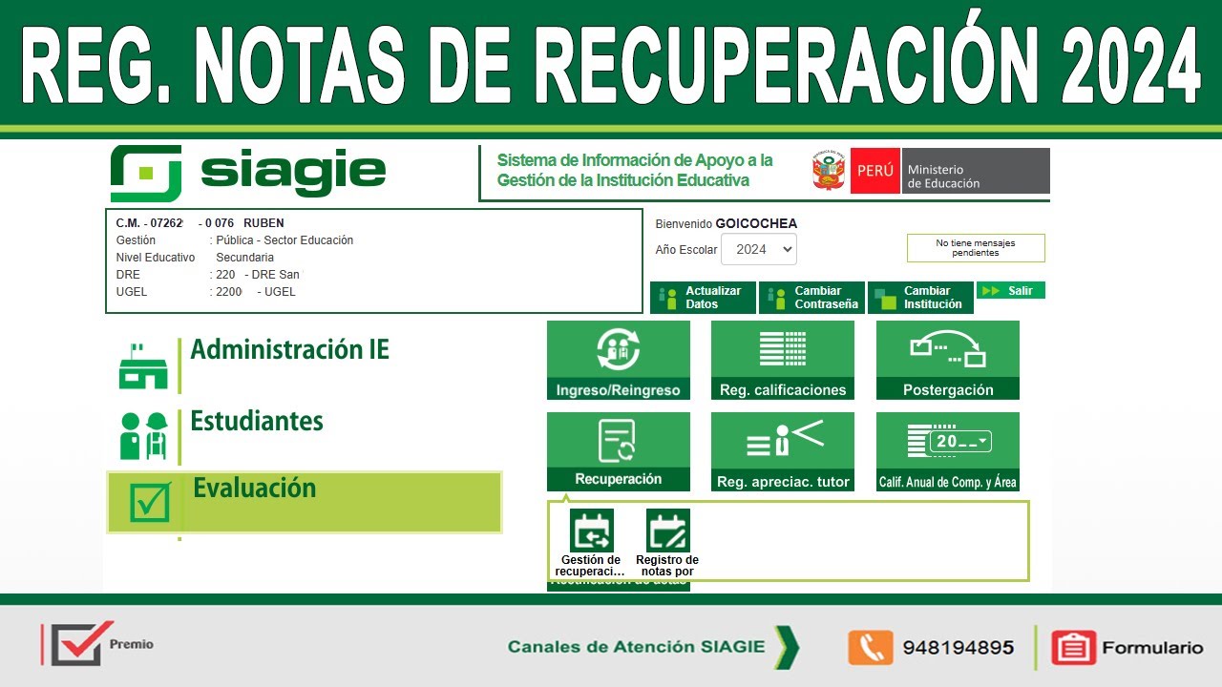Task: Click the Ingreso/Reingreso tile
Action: (618, 360)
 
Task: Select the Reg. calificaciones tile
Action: (782, 360)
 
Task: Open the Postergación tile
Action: (947, 360)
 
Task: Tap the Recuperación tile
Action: (618, 451)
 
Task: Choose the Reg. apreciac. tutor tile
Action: (782, 451)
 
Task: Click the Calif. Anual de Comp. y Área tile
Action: (947, 451)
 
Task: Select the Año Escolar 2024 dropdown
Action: (758, 250)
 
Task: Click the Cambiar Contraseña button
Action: (811, 298)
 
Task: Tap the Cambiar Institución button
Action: (919, 298)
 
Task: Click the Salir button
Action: (1010, 291)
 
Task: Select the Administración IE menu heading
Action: (289, 350)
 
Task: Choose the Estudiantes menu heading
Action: (257, 422)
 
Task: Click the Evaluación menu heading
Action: (254, 489)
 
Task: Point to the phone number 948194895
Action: (958, 648)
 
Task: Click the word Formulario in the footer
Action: (1152, 648)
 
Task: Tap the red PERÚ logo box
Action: (874, 171)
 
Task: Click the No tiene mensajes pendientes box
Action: (975, 248)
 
